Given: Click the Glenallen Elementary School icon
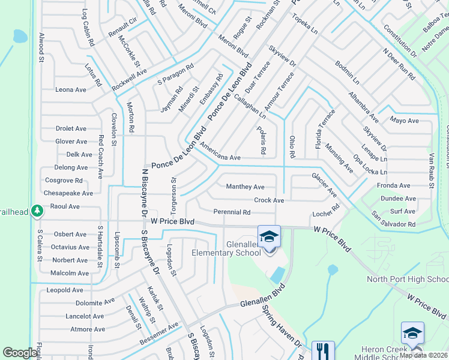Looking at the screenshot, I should pos(269,236).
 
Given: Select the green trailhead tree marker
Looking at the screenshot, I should pos(37,211).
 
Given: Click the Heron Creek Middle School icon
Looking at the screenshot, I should pos(412,333).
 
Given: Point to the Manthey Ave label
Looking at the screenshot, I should pos(245,187).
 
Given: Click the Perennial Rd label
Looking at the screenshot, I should pos(232,212).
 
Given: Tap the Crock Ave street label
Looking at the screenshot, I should pos(269,200).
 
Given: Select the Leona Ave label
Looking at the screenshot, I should pos(71,90).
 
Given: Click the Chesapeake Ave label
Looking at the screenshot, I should pos(68,193).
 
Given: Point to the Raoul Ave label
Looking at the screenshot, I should pos(65,206).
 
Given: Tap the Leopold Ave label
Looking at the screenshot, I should pos(65,290).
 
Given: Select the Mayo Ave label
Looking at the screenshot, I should pos(404,121).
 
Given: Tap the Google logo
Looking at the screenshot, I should pos(20,353).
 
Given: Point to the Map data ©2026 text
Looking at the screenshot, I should pos(423,355).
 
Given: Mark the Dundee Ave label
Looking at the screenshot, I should pos(398,199).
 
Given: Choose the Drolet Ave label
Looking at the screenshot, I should pos(71,128).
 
